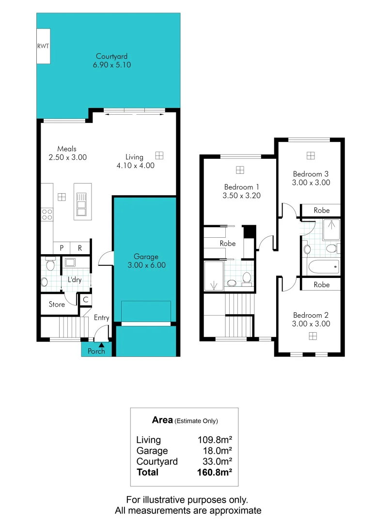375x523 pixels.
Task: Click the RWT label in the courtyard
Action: [43, 46]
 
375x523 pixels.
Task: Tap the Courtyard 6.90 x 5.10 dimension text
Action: [111, 64]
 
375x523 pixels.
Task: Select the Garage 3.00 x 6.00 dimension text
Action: [146, 265]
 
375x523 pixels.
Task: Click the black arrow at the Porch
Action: [101, 345]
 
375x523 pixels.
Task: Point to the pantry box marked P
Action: [62, 248]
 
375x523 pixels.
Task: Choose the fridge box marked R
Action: [80, 248]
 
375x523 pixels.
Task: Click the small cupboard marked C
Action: [85, 300]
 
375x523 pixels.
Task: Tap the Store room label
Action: [57, 305]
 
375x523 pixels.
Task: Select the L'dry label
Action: [75, 279]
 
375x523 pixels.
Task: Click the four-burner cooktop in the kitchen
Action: [47, 214]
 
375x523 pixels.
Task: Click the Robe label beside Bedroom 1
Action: [228, 244]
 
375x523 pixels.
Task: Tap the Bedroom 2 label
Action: [311, 315]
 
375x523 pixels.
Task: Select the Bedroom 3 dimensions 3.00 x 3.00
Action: [311, 183]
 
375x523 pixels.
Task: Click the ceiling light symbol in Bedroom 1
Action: [240, 169]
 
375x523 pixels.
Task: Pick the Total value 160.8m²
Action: [212, 472]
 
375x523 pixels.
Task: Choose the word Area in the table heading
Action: [162, 420]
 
